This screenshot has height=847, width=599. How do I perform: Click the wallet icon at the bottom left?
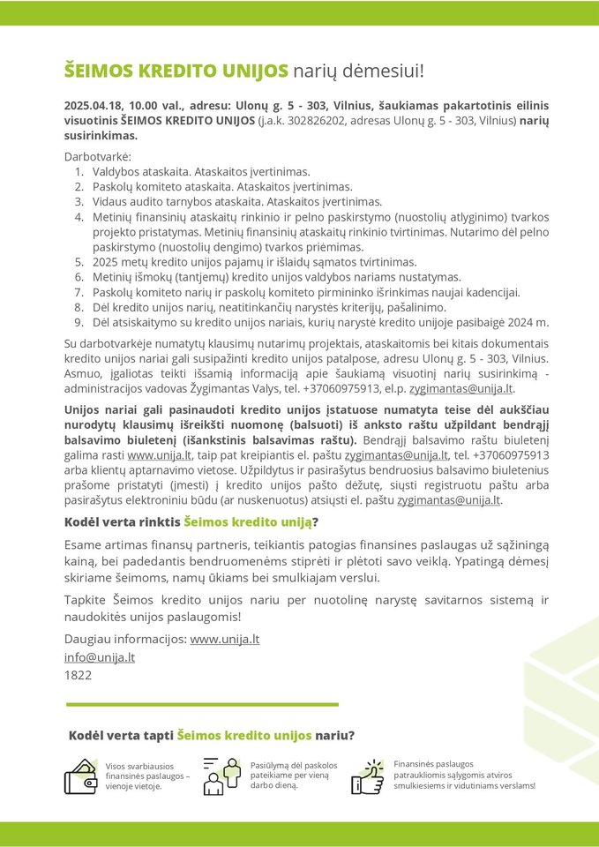(81, 776)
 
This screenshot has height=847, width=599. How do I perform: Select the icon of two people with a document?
(221, 776)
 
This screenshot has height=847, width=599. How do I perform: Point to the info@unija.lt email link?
(100, 656)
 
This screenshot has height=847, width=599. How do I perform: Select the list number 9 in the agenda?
(79, 322)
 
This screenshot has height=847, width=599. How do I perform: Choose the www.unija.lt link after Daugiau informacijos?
(224, 639)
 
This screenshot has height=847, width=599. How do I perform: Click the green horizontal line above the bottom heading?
(203, 704)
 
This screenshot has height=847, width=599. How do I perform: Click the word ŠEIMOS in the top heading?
(96, 70)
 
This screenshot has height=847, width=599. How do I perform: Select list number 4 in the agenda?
(79, 216)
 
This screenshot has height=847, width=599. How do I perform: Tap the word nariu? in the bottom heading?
(335, 735)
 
